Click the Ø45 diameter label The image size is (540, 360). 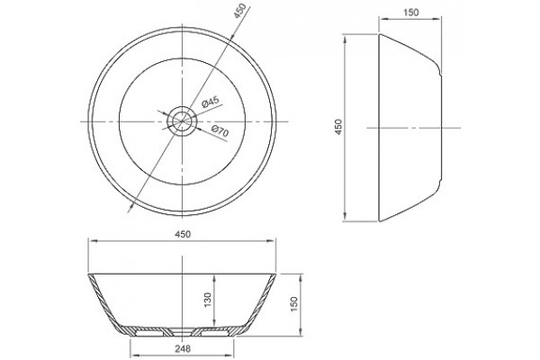[x=211, y=102]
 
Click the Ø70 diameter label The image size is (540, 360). [x=220, y=131]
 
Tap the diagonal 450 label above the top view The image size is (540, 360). [x=240, y=11]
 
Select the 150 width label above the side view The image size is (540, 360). [x=411, y=13]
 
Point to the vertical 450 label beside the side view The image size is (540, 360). [x=338, y=127]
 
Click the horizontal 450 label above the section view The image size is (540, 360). [x=183, y=234]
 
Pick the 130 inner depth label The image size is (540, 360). [x=208, y=300]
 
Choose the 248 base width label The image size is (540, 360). [x=183, y=348]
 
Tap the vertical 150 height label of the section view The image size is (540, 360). [x=293, y=304]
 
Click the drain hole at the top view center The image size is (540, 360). [x=182, y=121]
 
